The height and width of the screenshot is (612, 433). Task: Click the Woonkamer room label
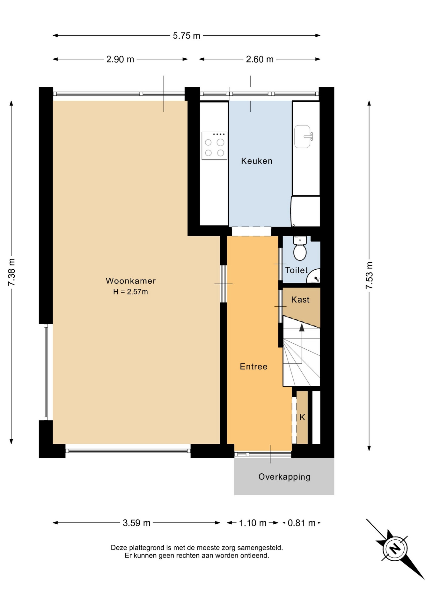(x=131, y=281)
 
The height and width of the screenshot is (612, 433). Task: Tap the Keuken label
(x=257, y=161)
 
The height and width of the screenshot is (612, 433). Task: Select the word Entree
(x=253, y=367)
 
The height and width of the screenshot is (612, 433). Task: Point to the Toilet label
(x=296, y=270)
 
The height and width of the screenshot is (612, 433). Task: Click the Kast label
(x=300, y=300)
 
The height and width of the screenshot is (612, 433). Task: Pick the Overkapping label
(x=284, y=477)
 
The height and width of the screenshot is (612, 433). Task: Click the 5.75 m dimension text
(x=187, y=36)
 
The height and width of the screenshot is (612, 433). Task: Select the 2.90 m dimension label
(x=120, y=59)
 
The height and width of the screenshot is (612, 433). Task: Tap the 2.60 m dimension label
(x=260, y=59)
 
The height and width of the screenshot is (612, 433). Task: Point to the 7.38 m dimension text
(x=11, y=272)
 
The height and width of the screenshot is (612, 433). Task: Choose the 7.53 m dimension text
(x=369, y=275)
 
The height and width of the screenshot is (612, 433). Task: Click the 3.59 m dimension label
(x=136, y=523)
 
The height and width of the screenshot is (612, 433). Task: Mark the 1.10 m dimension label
(x=253, y=523)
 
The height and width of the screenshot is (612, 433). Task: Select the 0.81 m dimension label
(x=302, y=523)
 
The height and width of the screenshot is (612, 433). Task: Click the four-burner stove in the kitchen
(x=215, y=146)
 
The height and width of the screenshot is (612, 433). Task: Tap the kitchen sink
(x=303, y=136)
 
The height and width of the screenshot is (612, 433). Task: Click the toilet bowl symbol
(x=300, y=248)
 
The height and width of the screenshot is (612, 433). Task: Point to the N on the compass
(x=395, y=549)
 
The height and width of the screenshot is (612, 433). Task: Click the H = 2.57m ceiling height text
(x=130, y=292)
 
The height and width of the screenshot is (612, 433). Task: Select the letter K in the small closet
(x=302, y=417)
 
